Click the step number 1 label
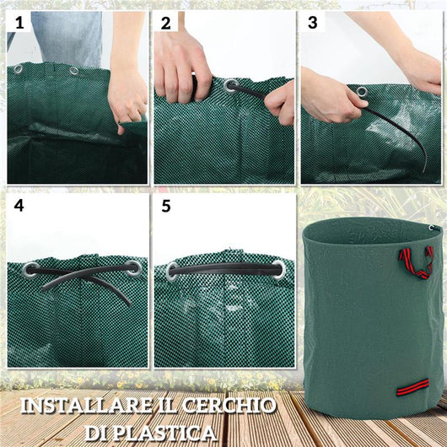pyautogui.click(x=19, y=23)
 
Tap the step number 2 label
pyautogui.click(x=165, y=23)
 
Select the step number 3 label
pyautogui.click(x=313, y=23)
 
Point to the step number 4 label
pyautogui.click(x=19, y=205)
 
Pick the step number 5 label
pyautogui.click(x=165, y=205)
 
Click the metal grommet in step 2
pyautogui.click(x=231, y=84)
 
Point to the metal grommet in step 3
pyautogui.click(x=361, y=92)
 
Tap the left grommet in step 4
pyautogui.click(x=31, y=271)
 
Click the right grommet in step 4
pyautogui.click(x=132, y=267)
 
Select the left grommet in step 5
pyautogui.click(x=173, y=271)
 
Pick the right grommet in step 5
pyautogui.click(x=277, y=269)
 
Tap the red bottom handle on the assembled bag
pyautogui.click(x=413, y=386)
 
